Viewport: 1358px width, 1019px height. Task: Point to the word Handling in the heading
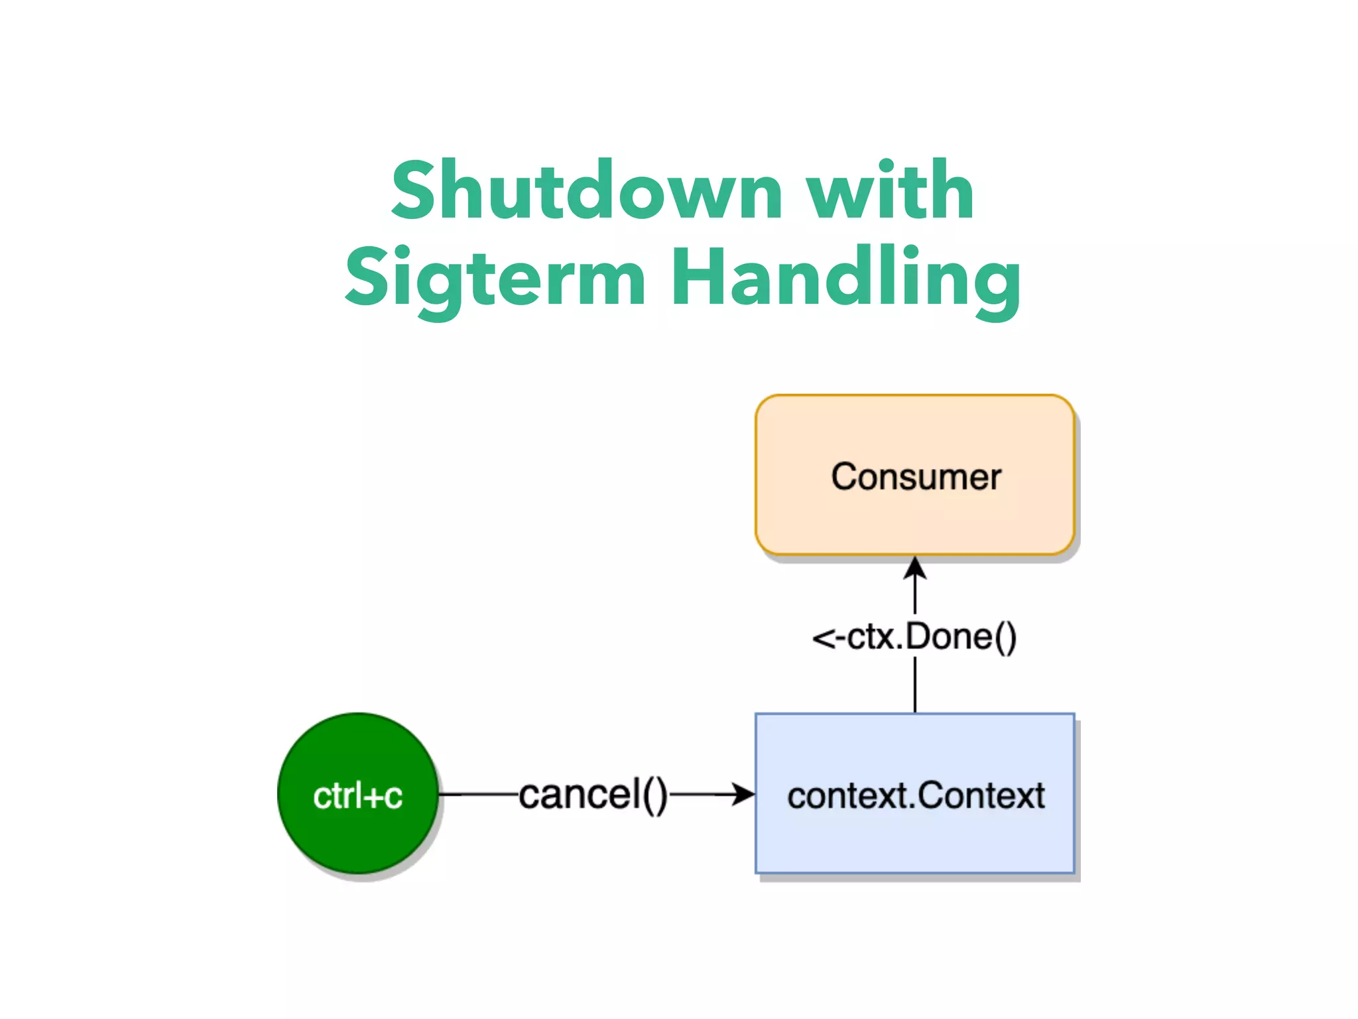(x=845, y=279)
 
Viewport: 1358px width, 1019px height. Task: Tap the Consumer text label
(x=916, y=477)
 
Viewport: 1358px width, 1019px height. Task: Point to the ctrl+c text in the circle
(x=358, y=796)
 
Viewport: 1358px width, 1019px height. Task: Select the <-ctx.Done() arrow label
(x=915, y=637)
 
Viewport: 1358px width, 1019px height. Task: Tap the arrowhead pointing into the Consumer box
(x=915, y=568)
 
